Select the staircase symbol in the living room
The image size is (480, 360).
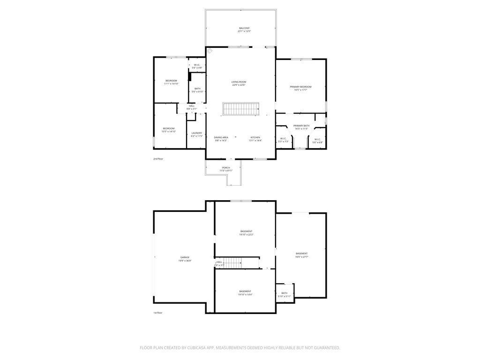(241, 109)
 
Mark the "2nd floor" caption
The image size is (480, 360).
(158, 159)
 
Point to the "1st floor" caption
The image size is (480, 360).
(157, 313)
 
